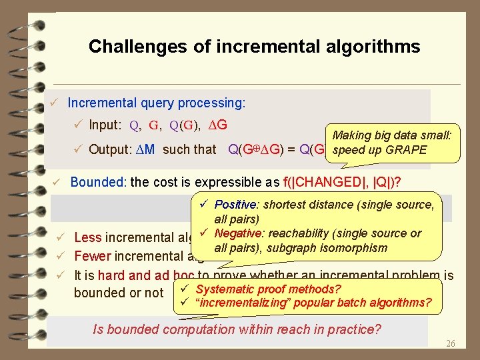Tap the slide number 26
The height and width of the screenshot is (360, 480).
click(450, 344)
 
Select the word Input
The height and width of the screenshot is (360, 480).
click(105, 125)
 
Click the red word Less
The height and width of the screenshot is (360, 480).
click(88, 238)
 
